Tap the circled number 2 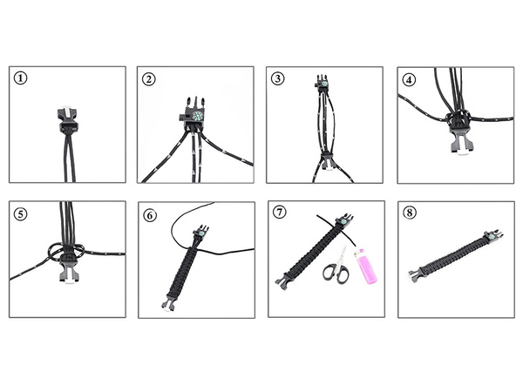(150, 78)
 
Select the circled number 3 (278, 78)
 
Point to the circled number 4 (408, 78)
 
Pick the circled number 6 (150, 212)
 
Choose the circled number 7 (278, 212)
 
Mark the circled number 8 (408, 212)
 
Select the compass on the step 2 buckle (197, 116)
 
